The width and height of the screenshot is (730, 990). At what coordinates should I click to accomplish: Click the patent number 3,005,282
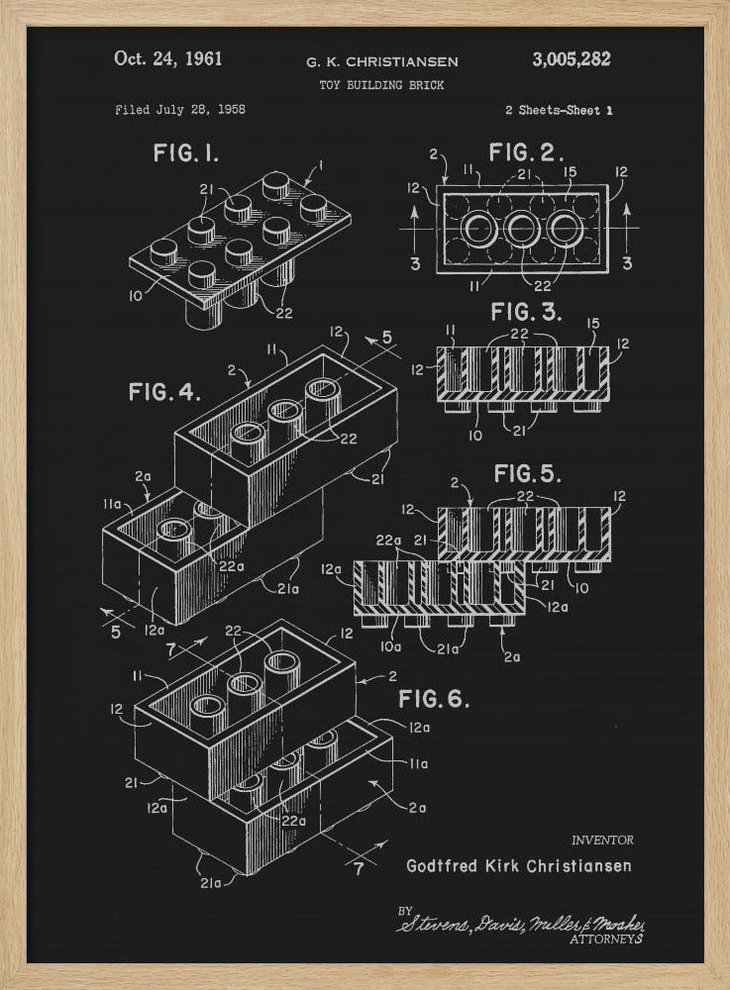click(x=571, y=59)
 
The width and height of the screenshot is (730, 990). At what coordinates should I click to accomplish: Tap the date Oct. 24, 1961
click(x=167, y=58)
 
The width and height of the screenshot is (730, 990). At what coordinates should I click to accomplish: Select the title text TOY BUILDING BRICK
click(x=381, y=85)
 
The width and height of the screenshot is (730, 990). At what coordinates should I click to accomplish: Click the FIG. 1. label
click(x=186, y=153)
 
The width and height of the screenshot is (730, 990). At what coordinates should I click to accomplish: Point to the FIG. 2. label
click(x=527, y=153)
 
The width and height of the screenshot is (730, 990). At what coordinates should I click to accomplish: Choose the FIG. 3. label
click(x=526, y=314)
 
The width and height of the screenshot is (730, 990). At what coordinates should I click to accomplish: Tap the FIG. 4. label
click(x=164, y=392)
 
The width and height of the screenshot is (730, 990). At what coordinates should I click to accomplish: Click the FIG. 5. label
click(x=528, y=472)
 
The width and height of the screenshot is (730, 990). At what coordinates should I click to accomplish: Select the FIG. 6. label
click(x=433, y=700)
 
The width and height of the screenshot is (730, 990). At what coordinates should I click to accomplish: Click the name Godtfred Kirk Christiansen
click(x=518, y=865)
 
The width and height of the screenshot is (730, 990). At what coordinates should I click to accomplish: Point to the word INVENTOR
click(x=601, y=841)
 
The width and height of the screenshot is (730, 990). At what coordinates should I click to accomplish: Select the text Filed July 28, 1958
click(x=179, y=110)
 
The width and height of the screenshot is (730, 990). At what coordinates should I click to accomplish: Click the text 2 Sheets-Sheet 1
click(x=558, y=111)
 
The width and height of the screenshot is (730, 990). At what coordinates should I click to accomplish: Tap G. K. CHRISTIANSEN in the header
click(x=381, y=61)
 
